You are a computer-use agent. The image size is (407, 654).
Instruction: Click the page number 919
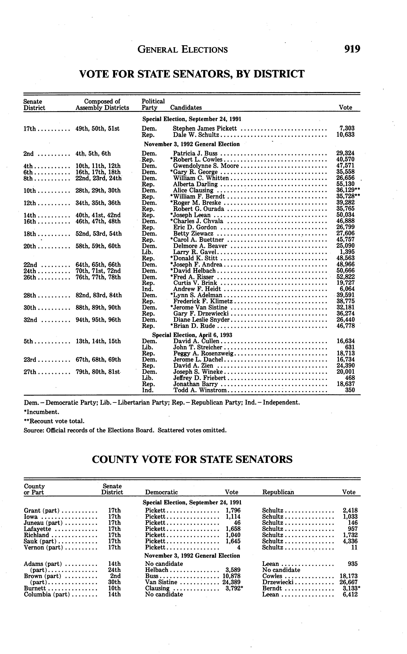pyautogui.click(x=352, y=49)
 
